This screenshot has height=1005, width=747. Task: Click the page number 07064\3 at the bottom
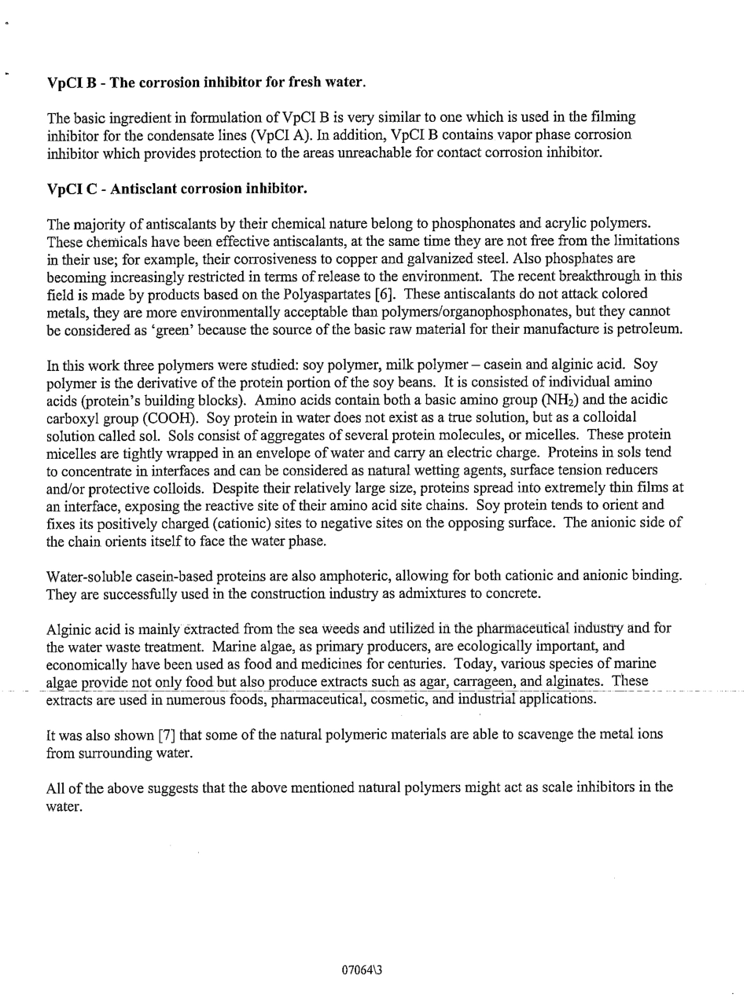tap(362, 970)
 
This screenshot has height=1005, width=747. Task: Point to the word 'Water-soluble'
tap(88, 576)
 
